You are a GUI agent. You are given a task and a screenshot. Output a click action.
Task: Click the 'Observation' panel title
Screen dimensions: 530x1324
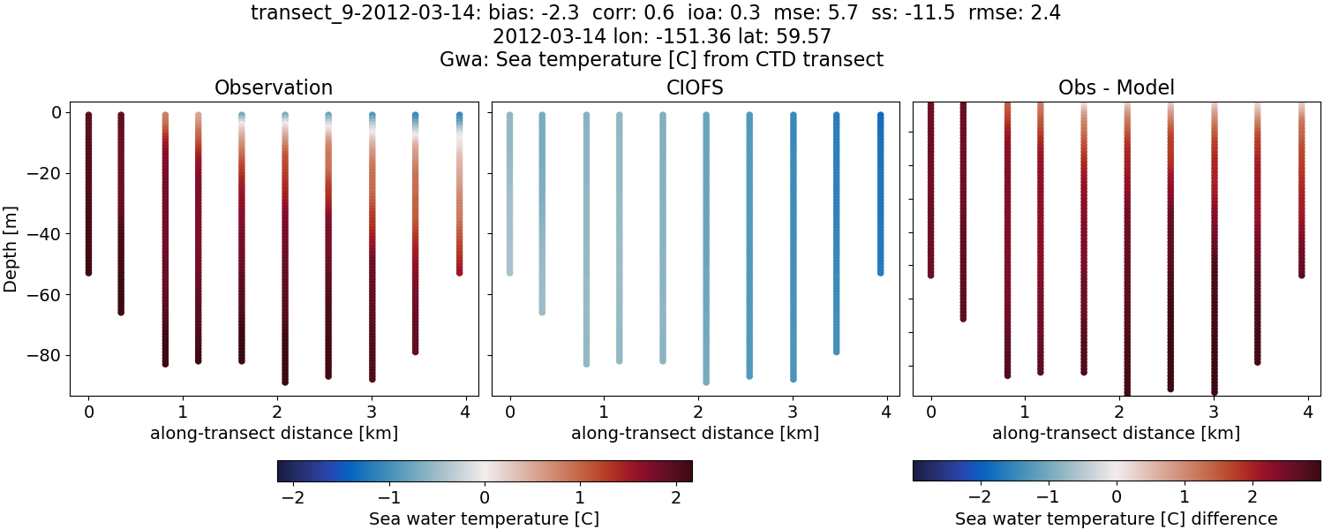click(274, 87)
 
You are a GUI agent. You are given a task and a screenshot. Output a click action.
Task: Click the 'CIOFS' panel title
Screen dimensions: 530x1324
click(696, 87)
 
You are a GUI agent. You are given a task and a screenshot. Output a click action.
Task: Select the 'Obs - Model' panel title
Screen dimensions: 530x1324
click(1116, 87)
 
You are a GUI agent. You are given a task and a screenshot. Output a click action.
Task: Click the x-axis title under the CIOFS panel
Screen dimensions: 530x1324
click(695, 434)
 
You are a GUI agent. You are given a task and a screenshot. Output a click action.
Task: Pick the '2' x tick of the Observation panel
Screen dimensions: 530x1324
click(275, 412)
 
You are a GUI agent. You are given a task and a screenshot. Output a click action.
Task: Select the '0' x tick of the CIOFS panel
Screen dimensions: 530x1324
click(509, 412)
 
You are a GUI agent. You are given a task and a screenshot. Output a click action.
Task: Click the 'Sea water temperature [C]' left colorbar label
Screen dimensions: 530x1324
click(484, 519)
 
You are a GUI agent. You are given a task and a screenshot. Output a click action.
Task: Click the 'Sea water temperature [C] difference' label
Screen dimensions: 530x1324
click(1116, 519)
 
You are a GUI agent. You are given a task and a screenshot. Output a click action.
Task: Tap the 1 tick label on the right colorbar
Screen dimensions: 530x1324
click(1185, 497)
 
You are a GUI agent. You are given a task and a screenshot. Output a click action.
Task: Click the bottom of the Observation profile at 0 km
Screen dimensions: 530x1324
click(88, 272)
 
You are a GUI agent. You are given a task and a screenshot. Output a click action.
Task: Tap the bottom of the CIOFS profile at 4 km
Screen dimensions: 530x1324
click(880, 272)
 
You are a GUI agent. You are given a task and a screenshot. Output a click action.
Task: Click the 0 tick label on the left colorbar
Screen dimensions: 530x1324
click(484, 497)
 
